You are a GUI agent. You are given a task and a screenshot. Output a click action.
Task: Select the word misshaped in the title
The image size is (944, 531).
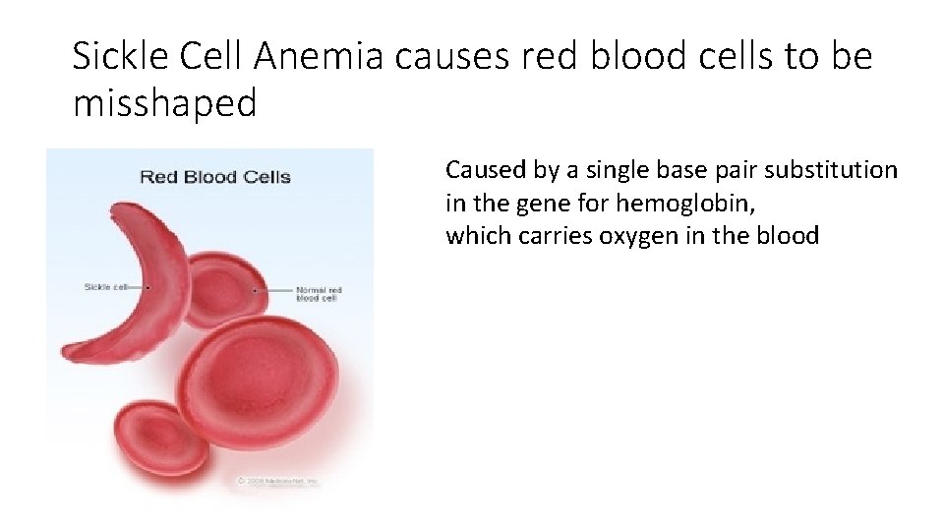(x=164, y=101)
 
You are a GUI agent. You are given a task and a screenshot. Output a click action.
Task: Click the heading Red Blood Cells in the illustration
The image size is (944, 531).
(x=214, y=177)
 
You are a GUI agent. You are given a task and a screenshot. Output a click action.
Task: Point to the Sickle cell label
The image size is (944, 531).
(x=104, y=287)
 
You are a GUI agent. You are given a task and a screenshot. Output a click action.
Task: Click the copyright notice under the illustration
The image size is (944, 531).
(x=277, y=481)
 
